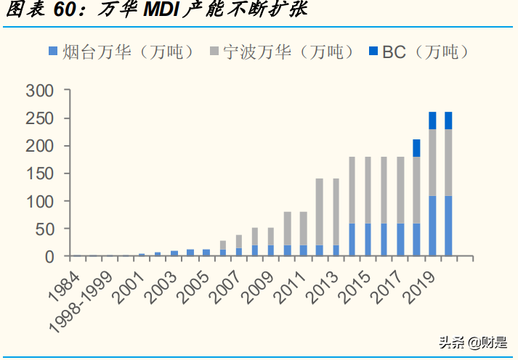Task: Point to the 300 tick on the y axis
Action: tap(39, 91)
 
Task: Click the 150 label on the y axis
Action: tap(39, 173)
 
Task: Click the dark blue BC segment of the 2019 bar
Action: tap(433, 120)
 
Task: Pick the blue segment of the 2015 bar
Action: tap(368, 240)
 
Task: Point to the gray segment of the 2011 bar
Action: tap(304, 229)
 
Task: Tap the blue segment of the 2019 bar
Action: tap(433, 226)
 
